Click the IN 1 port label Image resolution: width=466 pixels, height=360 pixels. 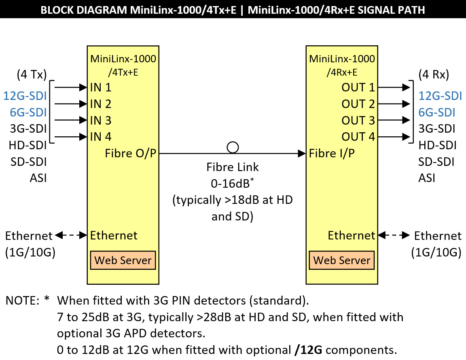coord(101,87)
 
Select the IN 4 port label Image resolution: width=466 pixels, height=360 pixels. coord(101,137)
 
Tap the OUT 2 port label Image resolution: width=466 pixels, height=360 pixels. coord(358,104)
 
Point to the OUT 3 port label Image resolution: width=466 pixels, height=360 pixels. coord(358,121)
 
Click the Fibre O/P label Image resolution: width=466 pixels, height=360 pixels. coord(131,154)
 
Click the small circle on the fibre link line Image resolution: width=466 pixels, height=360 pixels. coord(233,147)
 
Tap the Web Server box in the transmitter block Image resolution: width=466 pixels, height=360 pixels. coord(123,260)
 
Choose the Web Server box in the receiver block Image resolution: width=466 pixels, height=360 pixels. coord(342,260)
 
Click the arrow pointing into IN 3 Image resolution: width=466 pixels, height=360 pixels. coord(71,120)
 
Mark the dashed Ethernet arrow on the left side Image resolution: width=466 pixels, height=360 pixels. coord(72,235)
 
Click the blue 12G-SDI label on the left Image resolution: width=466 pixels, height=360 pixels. coord(25,96)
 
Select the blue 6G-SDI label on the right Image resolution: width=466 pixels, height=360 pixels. coord(437,112)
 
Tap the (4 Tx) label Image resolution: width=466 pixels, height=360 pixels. coord(32,75)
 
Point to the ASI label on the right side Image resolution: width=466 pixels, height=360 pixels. coord(427,178)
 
